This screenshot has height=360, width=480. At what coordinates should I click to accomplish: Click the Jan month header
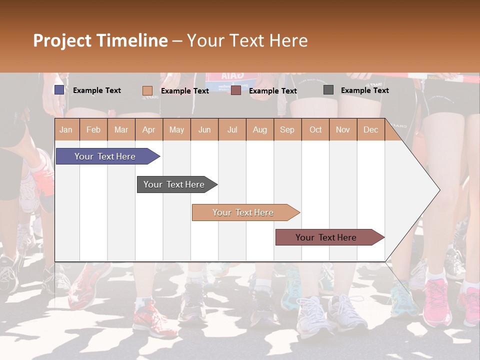66,130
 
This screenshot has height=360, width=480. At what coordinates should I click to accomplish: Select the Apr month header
149,130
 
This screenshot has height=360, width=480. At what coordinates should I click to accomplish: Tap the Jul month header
232,130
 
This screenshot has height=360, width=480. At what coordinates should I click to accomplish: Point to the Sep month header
287,130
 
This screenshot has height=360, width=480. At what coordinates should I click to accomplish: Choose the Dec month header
370,130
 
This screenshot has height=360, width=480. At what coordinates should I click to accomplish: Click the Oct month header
315,130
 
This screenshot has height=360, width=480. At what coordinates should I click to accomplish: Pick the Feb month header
93,130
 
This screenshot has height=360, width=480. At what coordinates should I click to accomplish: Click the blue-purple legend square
59,90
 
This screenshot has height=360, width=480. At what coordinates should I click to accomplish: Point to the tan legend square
147,90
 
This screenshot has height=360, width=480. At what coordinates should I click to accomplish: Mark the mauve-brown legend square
236,90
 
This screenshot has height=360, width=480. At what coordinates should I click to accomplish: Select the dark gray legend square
328,90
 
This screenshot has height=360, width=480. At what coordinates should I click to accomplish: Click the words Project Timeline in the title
100,40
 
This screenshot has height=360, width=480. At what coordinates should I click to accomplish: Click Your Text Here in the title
247,40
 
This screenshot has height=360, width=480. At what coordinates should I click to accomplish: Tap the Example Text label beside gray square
364,90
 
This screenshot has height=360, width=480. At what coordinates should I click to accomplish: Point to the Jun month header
204,130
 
